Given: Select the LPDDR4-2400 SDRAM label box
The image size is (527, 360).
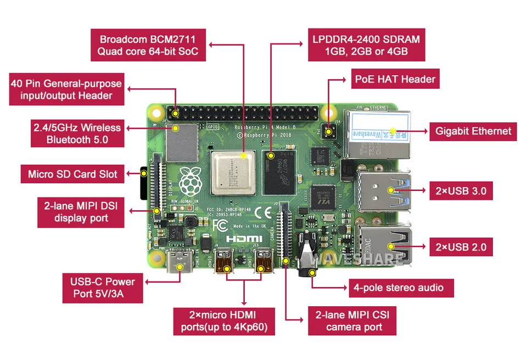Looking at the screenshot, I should (x=366, y=46).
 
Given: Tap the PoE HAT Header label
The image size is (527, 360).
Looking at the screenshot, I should (x=395, y=79).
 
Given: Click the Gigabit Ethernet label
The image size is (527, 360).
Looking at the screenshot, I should (x=473, y=131).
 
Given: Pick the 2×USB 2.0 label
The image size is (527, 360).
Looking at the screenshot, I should (x=460, y=247).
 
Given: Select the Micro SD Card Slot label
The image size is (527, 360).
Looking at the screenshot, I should (x=72, y=175).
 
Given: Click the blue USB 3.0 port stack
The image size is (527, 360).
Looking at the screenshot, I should (x=382, y=191).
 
